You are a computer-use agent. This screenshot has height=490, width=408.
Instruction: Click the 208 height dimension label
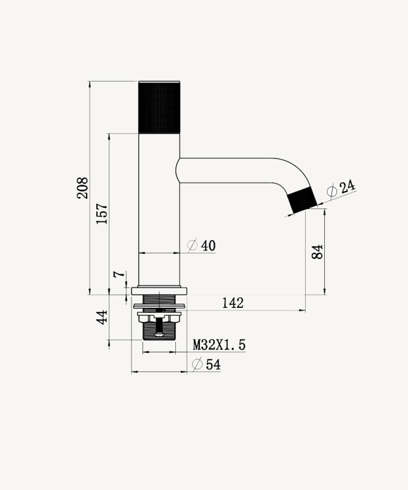coord(83,188)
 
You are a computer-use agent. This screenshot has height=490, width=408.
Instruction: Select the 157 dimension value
coord(102,214)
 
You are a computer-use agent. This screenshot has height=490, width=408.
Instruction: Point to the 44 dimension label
coord(102,317)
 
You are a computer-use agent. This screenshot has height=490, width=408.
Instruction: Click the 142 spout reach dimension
coord(233,303)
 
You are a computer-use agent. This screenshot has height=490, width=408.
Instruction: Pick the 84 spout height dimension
coord(318,252)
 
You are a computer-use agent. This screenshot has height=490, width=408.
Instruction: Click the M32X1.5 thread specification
coord(219,345)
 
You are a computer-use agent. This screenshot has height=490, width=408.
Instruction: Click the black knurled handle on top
coord(159,107)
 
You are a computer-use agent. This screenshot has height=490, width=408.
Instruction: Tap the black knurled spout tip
coord(302,200)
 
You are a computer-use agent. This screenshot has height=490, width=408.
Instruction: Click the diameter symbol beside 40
coord(193,246)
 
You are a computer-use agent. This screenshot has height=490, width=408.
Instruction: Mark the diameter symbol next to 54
coord(196,364)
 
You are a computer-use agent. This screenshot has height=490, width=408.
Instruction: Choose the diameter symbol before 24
coord(332,191)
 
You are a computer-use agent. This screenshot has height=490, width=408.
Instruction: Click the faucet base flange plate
coord(159,291)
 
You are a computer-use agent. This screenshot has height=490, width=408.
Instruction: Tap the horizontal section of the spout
coord(227,171)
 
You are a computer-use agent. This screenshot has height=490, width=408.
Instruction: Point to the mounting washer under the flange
coord(159,306)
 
